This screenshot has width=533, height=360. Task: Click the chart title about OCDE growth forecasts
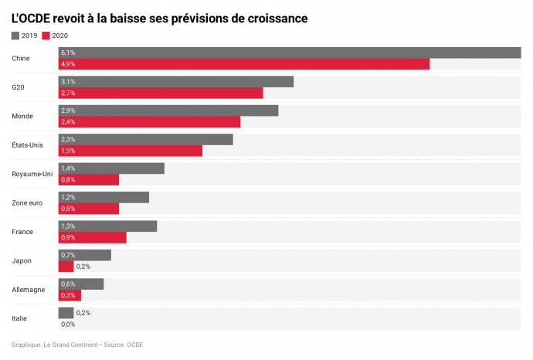coord(159,17)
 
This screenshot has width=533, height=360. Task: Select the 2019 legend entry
coord(25,36)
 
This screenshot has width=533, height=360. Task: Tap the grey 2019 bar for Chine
coord(290,53)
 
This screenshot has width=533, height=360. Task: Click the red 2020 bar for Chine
coord(244,64)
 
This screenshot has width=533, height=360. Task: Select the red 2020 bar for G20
coord(161,93)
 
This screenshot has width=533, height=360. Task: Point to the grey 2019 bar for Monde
coord(168,110)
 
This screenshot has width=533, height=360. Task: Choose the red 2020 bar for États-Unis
coord(131,151)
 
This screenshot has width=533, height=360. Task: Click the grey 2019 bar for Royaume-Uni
coord(111,168)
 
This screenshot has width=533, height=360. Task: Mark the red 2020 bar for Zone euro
coord(89,209)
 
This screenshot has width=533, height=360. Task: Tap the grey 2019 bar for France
coord(107,226)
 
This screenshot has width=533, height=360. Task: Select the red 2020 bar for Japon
coord(66,267)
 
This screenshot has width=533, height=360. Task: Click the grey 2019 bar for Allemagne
coord(81,284)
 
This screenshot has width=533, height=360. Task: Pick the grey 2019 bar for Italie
coord(66,313)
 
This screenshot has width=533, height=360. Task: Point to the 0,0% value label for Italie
coord(68,324)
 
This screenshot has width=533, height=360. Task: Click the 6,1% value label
coord(68,53)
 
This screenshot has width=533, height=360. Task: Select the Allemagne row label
coord(29,290)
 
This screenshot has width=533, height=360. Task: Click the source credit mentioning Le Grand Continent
coord(77,345)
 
